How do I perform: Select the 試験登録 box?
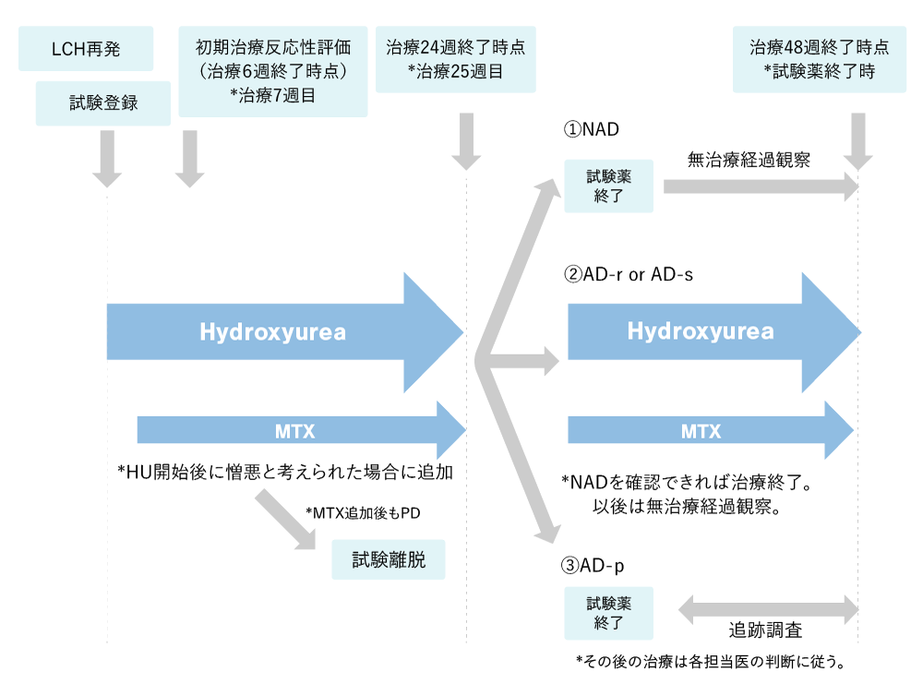click(x=103, y=102)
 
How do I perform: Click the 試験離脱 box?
click(x=389, y=559)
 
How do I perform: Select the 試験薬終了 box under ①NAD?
click(x=609, y=185)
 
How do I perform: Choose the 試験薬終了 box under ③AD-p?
click(x=609, y=612)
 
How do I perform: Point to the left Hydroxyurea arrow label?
click(x=272, y=332)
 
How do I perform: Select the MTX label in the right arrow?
click(x=701, y=430)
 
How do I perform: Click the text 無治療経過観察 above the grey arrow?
click(x=749, y=160)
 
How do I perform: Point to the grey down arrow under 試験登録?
click(x=107, y=158)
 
